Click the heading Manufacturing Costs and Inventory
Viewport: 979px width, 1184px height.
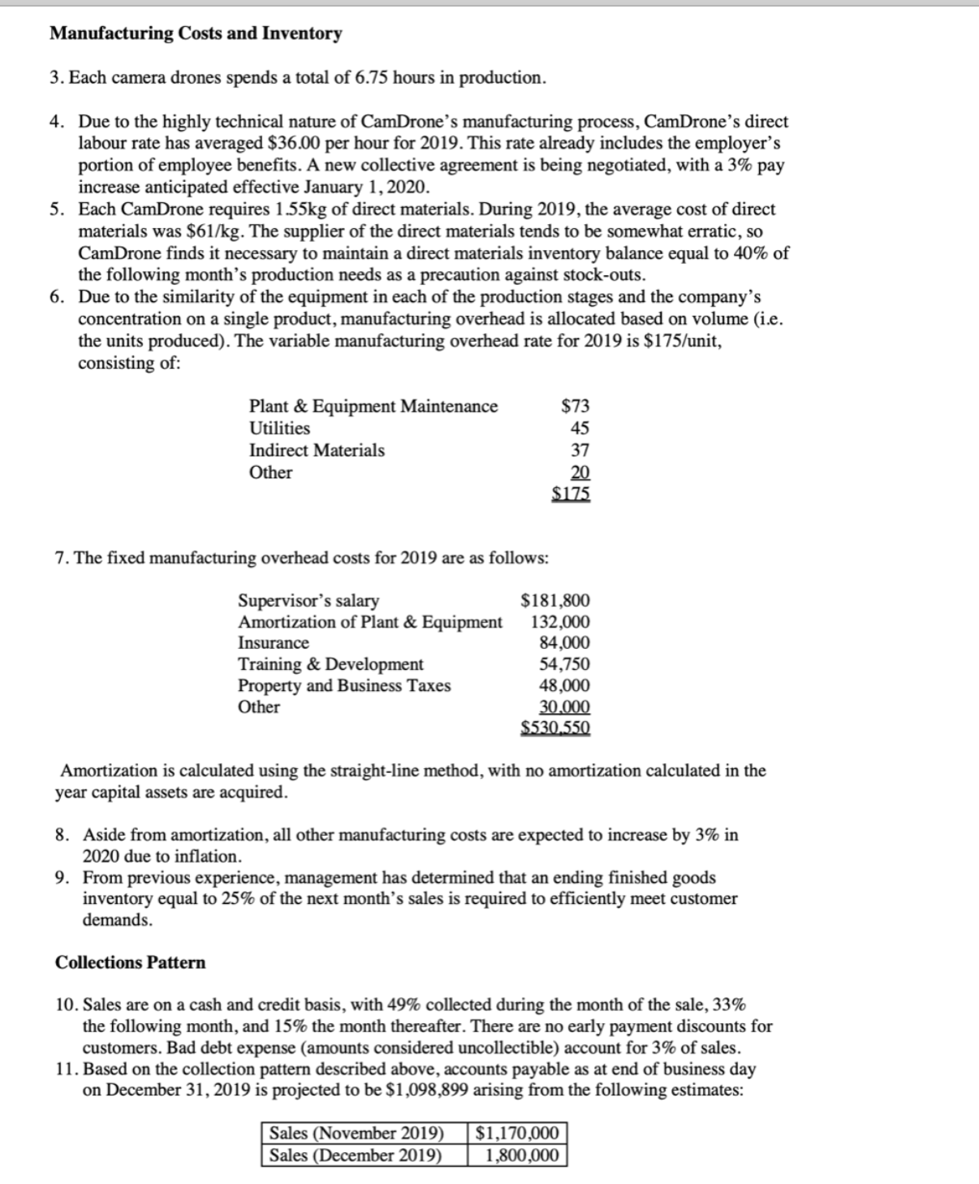click(x=196, y=33)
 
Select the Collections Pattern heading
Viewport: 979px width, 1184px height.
click(x=130, y=962)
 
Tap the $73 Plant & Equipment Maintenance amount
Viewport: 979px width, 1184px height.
click(x=576, y=406)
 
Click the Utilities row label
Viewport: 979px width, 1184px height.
click(x=279, y=428)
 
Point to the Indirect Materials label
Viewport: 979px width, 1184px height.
click(x=317, y=450)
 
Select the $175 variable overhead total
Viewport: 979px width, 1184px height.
click(x=571, y=493)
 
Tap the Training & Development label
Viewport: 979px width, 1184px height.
click(x=330, y=664)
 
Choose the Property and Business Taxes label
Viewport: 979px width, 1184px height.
click(x=344, y=685)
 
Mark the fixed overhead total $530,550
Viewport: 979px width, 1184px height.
click(x=555, y=728)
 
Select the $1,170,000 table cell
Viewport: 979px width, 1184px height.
click(x=517, y=1133)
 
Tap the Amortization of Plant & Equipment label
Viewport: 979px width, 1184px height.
click(x=369, y=622)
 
